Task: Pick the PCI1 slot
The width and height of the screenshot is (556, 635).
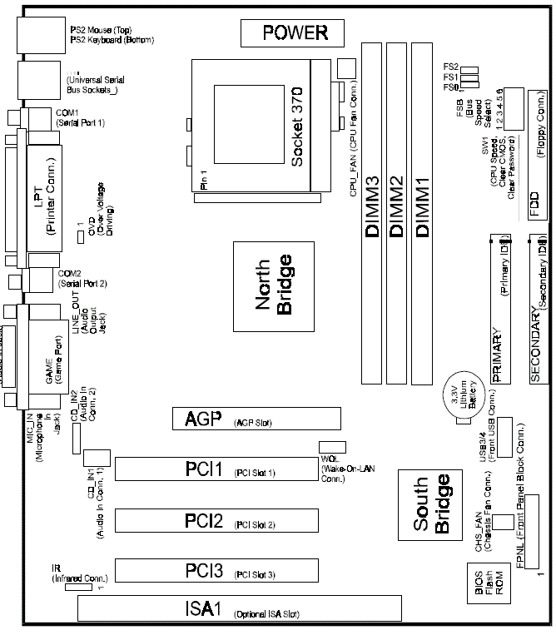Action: pos(216,470)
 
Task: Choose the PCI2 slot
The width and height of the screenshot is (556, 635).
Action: pos(216,522)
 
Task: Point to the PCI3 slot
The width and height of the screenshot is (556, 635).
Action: pos(216,571)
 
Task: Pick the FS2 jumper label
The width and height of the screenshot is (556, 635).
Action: pos(449,69)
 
